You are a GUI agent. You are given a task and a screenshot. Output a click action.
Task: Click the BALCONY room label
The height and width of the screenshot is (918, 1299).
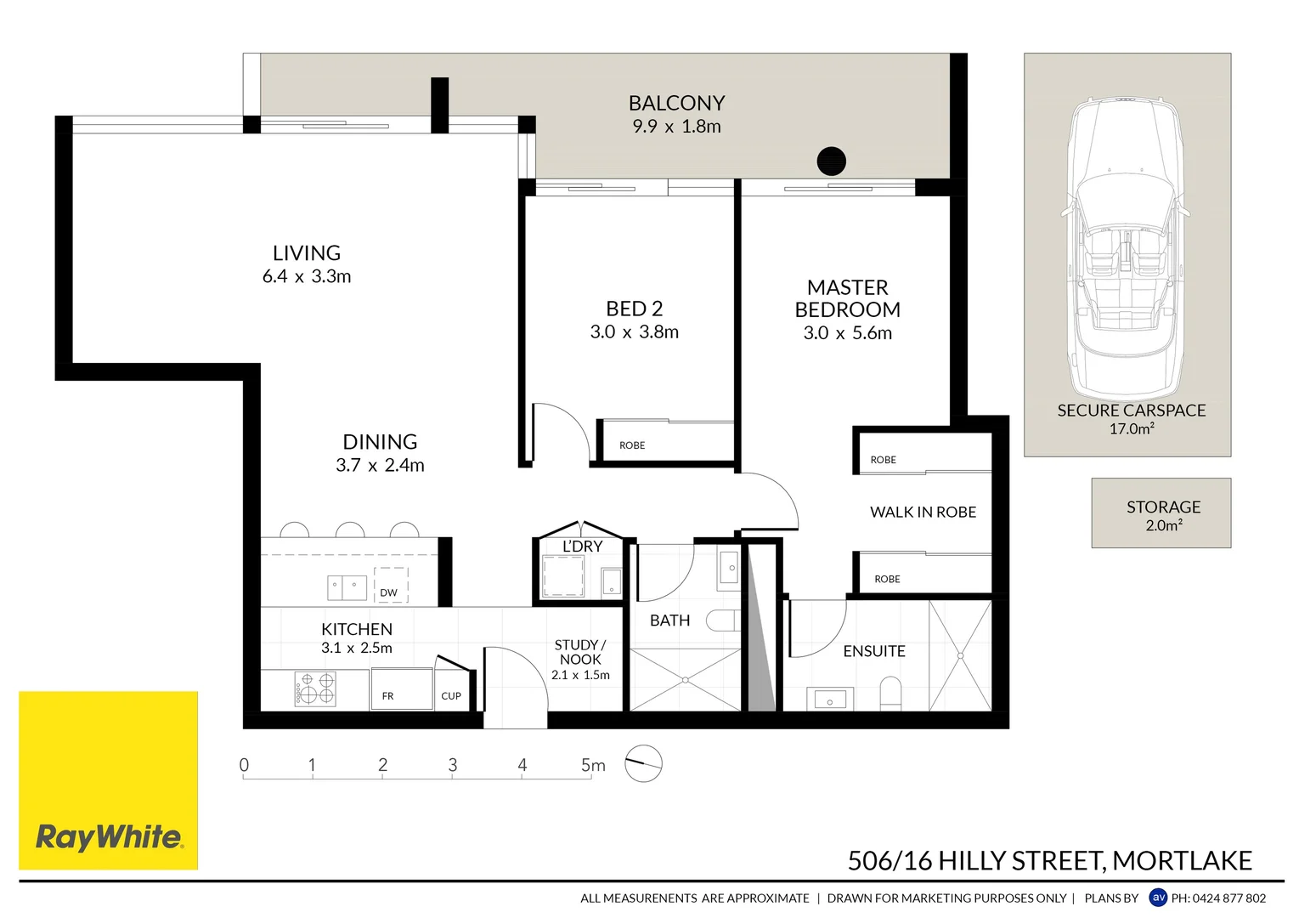pos(676,103)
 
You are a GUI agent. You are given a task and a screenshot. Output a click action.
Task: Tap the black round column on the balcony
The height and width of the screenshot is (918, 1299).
pos(831,161)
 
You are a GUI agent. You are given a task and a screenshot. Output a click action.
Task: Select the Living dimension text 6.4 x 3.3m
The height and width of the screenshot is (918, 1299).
pos(307,276)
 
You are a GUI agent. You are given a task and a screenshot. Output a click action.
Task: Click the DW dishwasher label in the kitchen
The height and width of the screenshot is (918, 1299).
pos(389,592)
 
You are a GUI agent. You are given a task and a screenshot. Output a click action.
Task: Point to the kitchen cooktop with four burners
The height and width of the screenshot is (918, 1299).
pos(315,688)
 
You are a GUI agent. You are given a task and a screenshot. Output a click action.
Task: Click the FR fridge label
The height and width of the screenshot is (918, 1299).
pos(387,696)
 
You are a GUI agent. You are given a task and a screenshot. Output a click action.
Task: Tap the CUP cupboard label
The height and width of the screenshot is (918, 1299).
pos(451,696)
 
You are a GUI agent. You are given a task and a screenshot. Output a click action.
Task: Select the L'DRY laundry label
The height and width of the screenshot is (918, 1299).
pos(583,547)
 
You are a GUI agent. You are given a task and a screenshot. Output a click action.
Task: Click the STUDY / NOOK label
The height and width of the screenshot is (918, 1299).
pos(580,652)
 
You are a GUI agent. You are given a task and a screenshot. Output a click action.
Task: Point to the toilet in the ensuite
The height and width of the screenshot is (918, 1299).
pos(890,692)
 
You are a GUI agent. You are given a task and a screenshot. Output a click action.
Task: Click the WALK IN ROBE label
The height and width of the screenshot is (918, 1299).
pos(923,512)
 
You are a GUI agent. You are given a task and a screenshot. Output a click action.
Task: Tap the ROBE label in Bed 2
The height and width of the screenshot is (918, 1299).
pos(632,445)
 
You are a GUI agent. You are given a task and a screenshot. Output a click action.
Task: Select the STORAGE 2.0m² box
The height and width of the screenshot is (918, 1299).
pos(1161,513)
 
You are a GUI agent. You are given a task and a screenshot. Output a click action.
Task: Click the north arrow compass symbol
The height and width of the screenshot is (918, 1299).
pos(643,763)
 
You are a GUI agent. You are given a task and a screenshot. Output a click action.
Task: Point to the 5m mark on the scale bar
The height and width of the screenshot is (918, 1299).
pos(592,766)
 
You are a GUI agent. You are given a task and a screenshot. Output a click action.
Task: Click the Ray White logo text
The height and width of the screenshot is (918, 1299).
pos(109,837)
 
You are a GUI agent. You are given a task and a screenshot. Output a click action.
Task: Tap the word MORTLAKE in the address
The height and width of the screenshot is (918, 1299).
pos(1182,861)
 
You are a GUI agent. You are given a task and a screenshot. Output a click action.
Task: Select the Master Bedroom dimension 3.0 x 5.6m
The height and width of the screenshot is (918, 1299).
pos(847,333)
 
